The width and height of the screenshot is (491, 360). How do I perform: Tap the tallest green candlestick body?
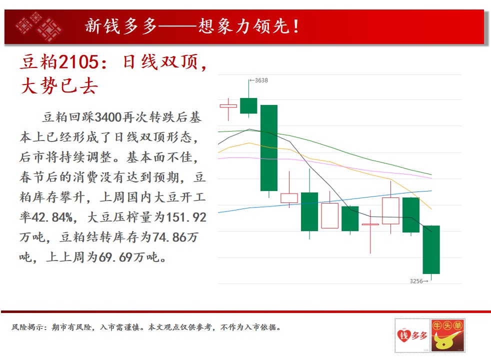click(269, 148)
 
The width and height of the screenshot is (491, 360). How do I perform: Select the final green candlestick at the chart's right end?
click(431, 249)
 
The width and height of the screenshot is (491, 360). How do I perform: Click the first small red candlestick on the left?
click(228, 106)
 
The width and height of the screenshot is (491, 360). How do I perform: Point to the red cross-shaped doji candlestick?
click(370, 224)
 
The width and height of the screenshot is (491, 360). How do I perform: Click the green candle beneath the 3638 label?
click(248, 106)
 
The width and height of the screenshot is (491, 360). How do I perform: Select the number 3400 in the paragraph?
click(108, 117)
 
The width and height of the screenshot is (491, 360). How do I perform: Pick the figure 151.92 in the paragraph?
click(186, 217)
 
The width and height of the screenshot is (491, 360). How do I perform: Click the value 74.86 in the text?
click(170, 237)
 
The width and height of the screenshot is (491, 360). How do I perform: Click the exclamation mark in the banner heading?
click(295, 26)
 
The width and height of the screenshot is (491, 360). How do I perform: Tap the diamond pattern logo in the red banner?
click(38, 26)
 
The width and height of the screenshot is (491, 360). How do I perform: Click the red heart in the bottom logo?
click(404, 335)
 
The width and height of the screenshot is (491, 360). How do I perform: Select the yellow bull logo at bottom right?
click(448, 335)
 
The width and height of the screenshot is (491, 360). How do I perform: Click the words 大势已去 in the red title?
click(59, 86)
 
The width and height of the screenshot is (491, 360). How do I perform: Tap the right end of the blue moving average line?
click(431, 190)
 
